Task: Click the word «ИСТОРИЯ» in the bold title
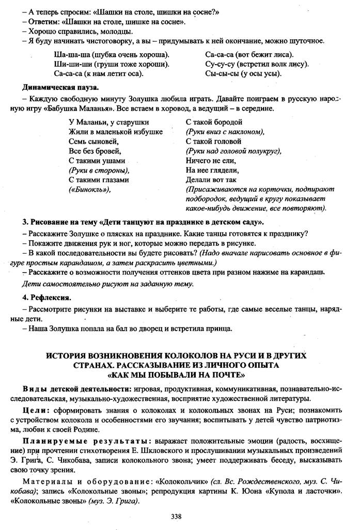[67, 356]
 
